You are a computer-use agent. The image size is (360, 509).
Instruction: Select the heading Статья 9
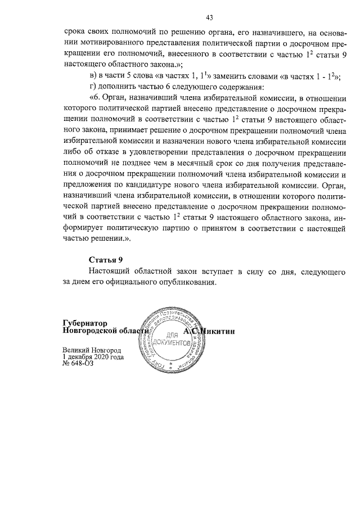click(106, 259)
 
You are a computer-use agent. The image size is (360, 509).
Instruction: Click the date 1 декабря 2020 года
click(93, 357)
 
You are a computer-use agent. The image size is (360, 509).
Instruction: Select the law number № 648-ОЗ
click(79, 364)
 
